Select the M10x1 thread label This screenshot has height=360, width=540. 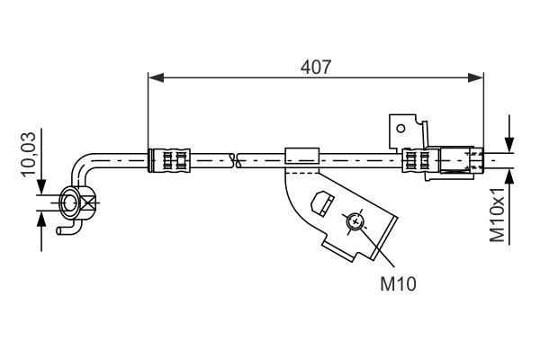497,215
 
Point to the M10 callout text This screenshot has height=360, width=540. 398,283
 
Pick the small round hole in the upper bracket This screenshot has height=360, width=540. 400,129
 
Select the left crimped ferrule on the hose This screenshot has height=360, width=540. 171,160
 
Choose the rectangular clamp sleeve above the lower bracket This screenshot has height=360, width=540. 301,157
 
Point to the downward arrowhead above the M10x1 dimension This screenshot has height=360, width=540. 509,146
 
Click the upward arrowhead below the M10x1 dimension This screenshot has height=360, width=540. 509,177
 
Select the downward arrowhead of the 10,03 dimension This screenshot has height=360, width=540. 40,187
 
